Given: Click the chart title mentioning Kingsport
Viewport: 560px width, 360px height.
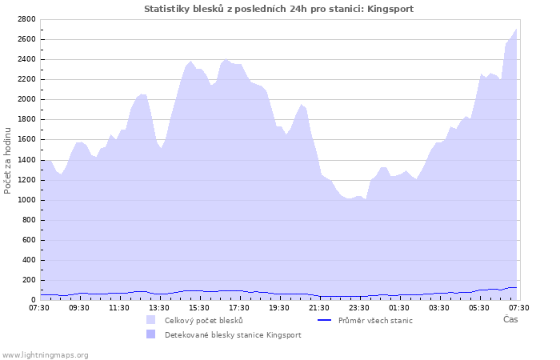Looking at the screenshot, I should coord(279,9).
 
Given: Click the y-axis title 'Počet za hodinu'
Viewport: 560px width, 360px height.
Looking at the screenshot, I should coord(8,159).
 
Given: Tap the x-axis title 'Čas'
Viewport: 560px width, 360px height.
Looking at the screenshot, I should coord(510,319).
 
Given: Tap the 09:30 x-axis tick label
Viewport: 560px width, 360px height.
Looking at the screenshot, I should coord(80,307).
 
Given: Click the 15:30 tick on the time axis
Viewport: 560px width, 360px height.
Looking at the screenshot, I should coord(199,307).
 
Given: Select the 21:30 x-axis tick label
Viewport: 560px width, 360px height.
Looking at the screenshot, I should coord(319,307).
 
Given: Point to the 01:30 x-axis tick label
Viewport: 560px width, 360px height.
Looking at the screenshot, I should coord(399,307).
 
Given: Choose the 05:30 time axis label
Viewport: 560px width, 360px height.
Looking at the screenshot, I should coord(479,307).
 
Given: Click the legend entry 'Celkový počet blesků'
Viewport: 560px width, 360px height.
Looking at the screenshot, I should coord(203,320).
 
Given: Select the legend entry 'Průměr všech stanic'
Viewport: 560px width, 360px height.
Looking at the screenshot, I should coord(375,320).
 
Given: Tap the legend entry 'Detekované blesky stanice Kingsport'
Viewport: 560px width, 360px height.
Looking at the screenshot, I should coord(233,334).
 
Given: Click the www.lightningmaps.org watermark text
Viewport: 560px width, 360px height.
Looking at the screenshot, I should coord(45,354).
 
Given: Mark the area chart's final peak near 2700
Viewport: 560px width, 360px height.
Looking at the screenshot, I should coord(516,30).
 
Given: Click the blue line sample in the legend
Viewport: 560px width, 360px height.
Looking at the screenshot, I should coord(323,320).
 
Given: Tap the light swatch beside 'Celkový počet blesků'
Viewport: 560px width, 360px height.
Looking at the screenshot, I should coord(150,320).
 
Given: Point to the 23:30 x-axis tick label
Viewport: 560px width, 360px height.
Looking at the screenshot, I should coord(359,307).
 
